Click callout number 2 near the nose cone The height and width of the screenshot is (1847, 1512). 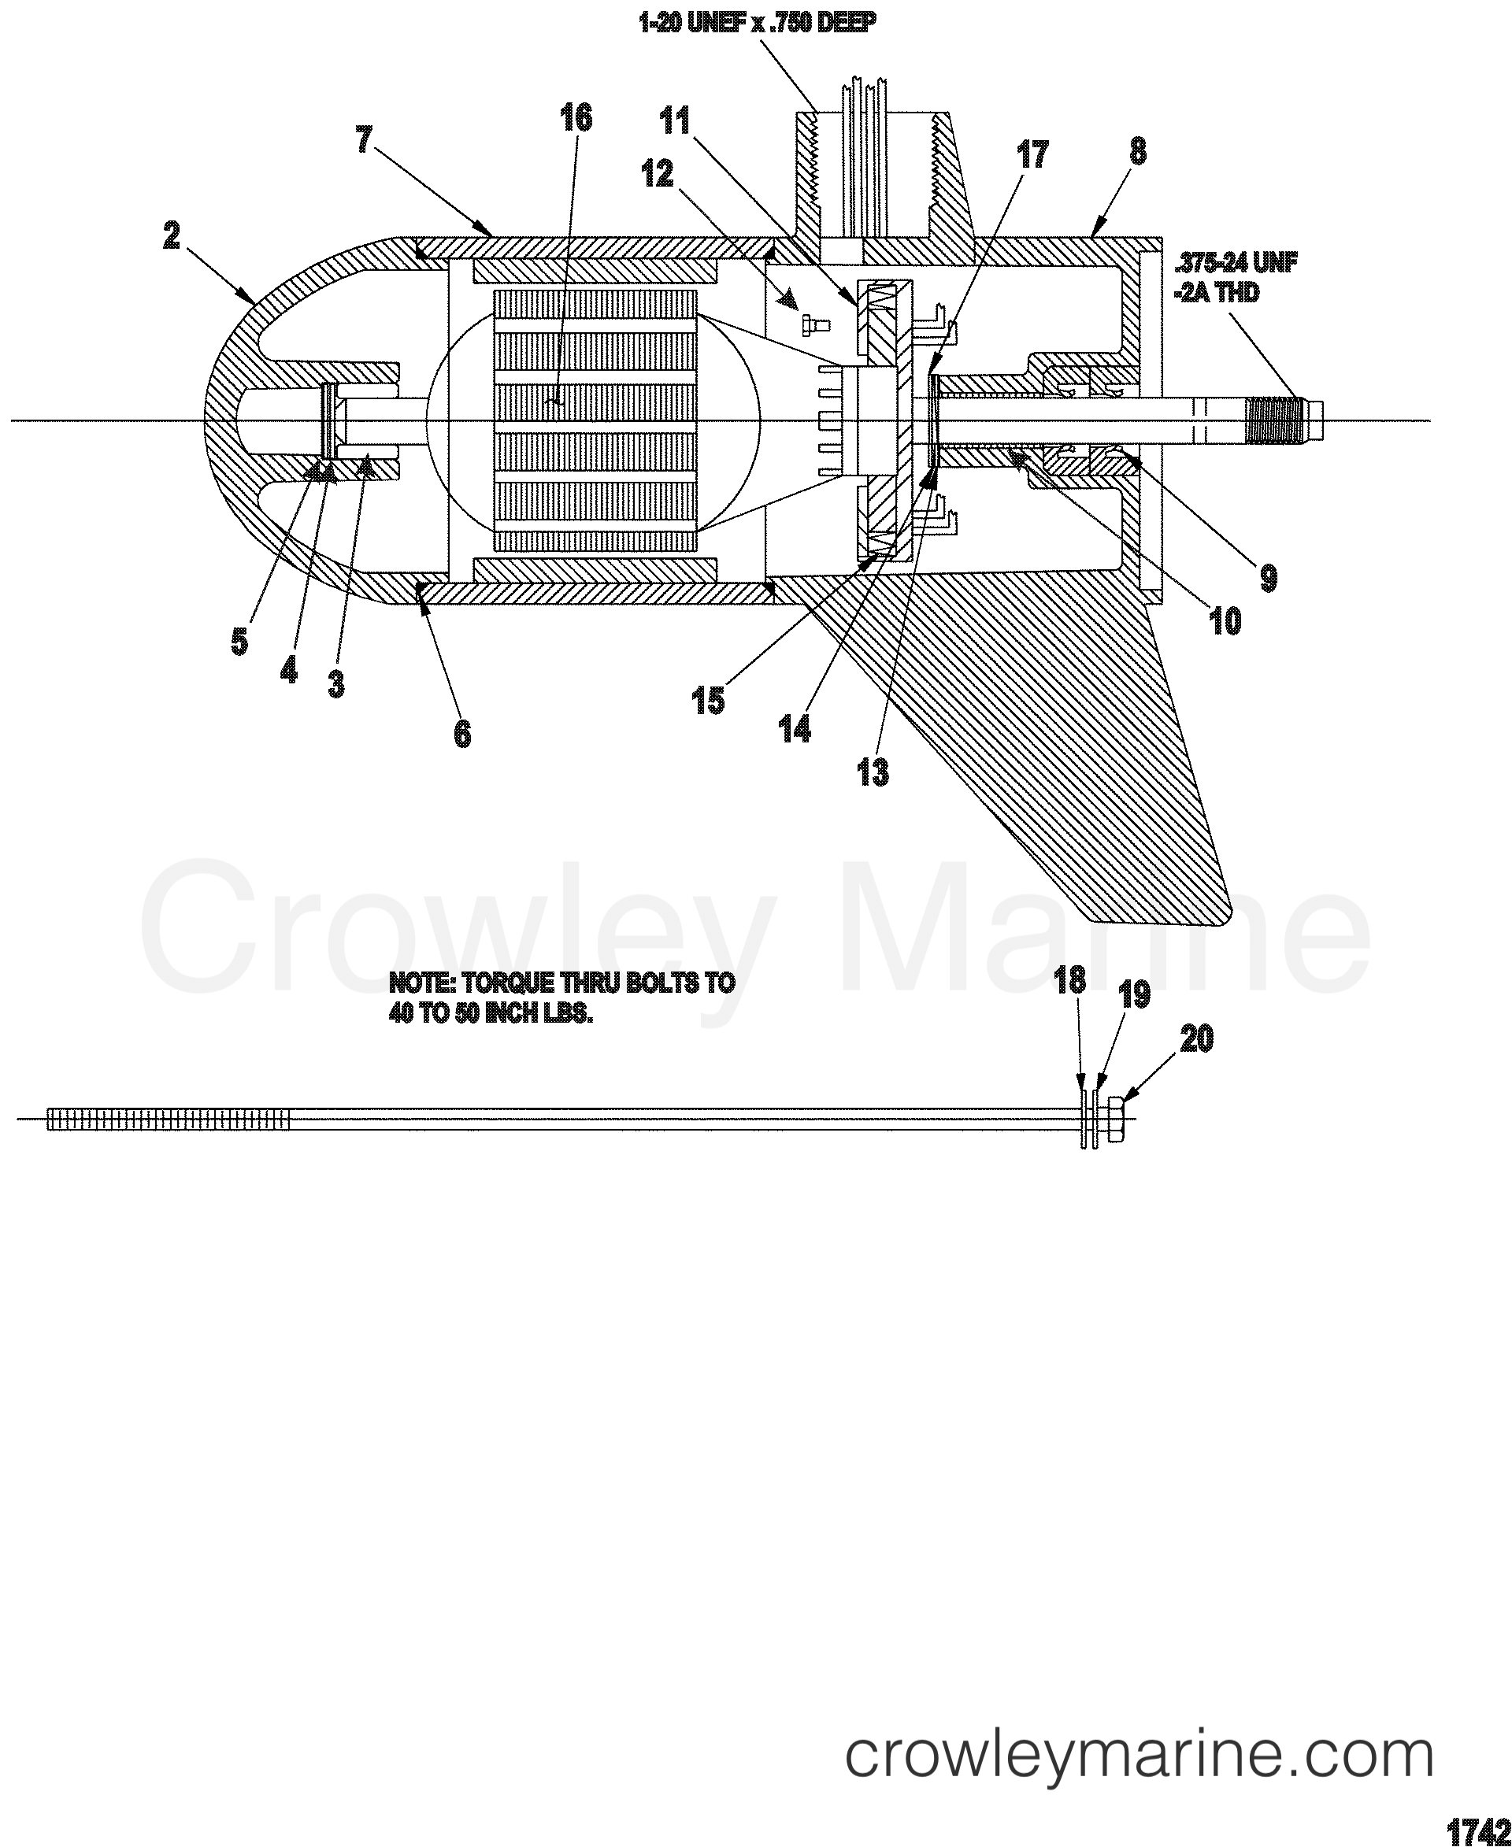[x=171, y=235]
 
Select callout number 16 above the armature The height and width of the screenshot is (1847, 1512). [x=575, y=117]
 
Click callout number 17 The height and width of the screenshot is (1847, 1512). [x=1034, y=155]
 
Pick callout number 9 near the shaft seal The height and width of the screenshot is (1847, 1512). [x=1266, y=576]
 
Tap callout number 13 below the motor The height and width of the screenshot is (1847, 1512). [x=873, y=772]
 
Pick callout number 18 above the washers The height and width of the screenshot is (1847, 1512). [x=1069, y=982]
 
